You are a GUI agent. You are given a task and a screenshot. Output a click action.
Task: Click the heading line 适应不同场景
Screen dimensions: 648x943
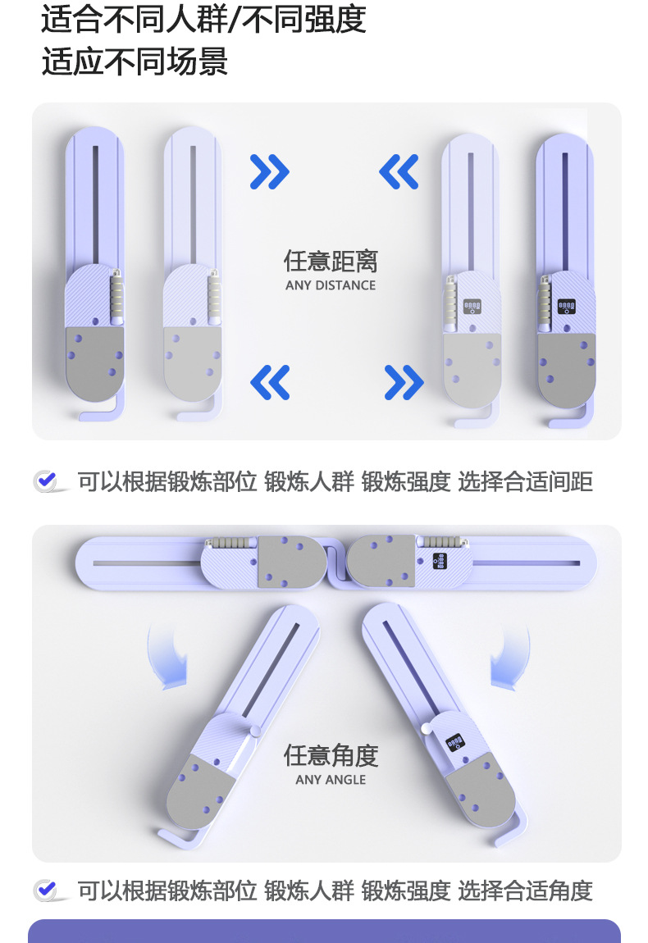135,62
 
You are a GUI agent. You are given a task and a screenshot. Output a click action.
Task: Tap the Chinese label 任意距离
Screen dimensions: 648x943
331,261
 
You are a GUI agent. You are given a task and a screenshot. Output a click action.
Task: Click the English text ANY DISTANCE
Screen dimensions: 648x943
331,285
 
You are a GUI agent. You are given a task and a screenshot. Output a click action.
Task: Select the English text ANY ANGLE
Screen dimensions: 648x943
331,780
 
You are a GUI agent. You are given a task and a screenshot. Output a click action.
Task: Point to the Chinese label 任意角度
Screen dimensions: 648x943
331,755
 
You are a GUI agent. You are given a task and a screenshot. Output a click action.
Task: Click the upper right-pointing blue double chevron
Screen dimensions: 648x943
270,172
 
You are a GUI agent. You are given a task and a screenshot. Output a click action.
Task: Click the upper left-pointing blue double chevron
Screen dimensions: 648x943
399,172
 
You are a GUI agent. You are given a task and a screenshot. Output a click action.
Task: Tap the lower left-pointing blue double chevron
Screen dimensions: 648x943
270,382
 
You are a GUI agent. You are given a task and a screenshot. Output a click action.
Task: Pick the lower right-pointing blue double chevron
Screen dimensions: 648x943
404,382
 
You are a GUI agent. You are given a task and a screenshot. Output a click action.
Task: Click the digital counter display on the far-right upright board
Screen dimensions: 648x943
566,306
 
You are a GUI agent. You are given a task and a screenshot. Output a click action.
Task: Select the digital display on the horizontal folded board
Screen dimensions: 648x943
440,561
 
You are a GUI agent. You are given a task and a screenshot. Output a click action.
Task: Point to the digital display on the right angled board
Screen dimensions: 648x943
455,742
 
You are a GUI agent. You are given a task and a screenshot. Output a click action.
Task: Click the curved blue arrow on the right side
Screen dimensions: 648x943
510,658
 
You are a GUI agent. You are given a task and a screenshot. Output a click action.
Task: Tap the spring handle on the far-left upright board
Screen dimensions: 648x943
116,297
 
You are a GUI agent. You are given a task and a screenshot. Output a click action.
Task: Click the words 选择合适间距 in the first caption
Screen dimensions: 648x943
525,481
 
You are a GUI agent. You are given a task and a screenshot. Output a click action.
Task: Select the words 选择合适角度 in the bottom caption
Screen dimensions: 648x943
525,891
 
